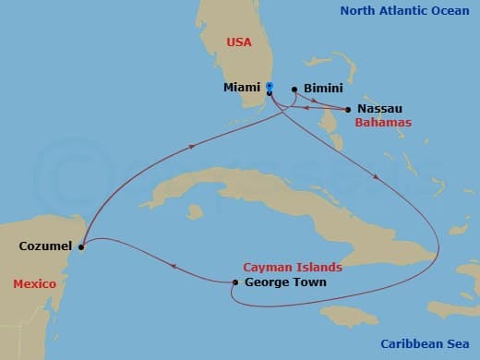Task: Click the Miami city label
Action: pyautogui.click(x=242, y=88)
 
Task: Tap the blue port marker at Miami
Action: pyautogui.click(x=269, y=87)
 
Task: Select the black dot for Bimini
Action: pyautogui.click(x=294, y=90)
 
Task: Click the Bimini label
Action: pyautogui.click(x=323, y=90)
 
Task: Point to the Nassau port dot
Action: pyautogui.click(x=348, y=110)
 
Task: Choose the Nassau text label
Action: pyautogui.click(x=378, y=109)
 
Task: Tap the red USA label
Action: pyautogui.click(x=239, y=42)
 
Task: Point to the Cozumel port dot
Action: pyautogui.click(x=81, y=246)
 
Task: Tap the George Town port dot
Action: pyautogui.click(x=234, y=282)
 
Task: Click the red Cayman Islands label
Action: pyautogui.click(x=293, y=266)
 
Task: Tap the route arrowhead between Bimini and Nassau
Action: pyautogui.click(x=328, y=107)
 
